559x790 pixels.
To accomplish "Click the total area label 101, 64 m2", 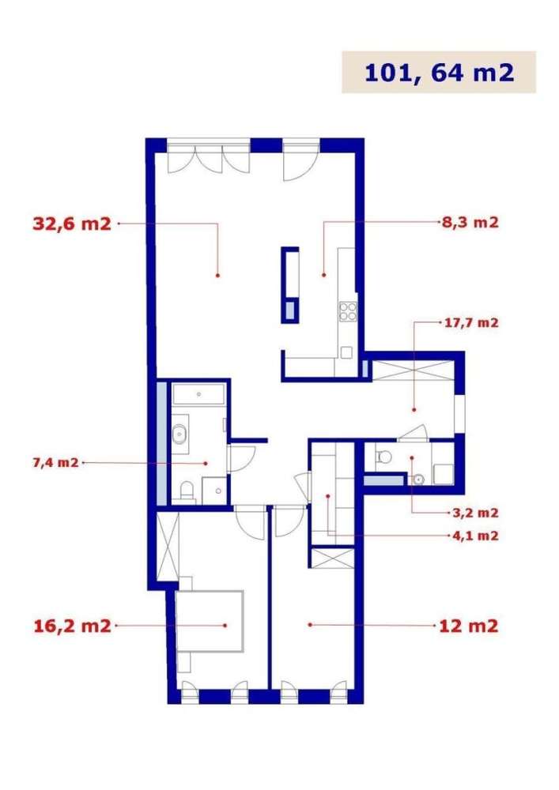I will coord(439,73).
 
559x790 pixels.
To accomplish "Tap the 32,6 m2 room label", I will coord(71,224).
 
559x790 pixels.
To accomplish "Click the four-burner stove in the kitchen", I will coord(348,311).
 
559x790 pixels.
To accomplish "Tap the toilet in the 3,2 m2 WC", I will coord(383,456).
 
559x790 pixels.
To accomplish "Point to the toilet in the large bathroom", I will coord(187,492).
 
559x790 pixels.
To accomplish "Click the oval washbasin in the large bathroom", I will coord(181,433).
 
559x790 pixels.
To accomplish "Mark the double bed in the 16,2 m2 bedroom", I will coord(210,621).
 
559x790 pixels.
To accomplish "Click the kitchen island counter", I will coord(290,284).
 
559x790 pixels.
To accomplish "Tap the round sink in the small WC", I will coord(418,479).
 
